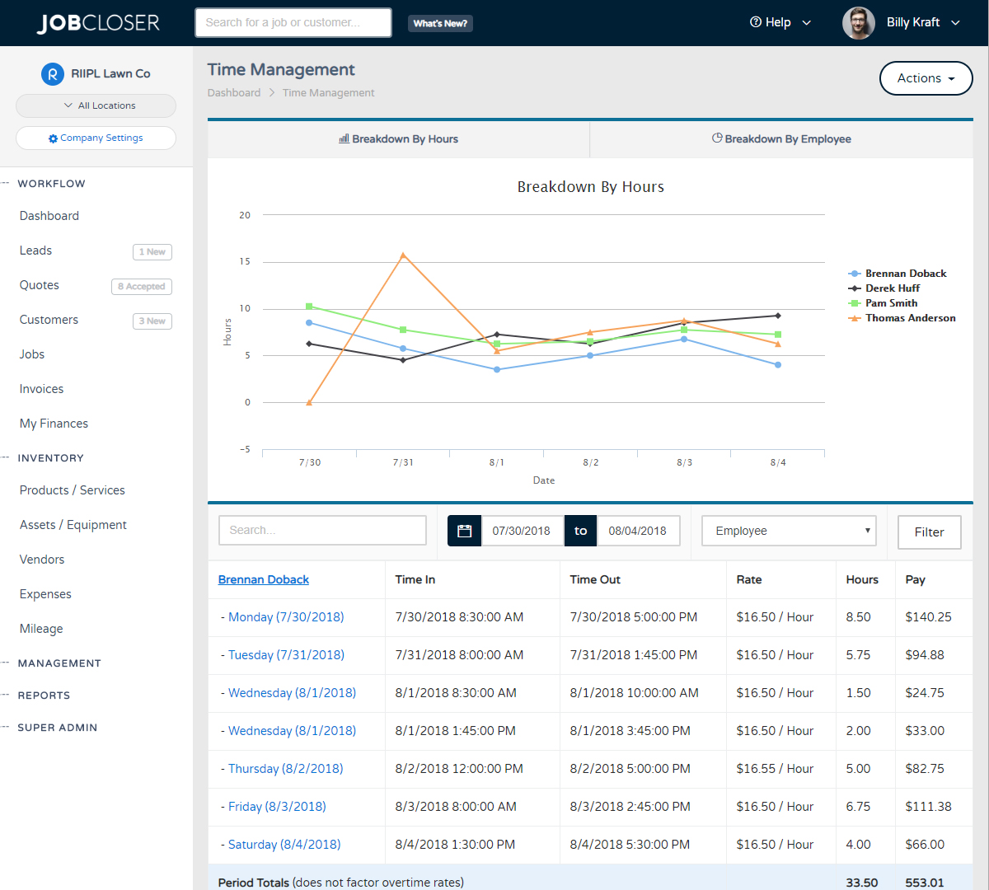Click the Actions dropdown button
click(926, 78)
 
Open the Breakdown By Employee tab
click(781, 139)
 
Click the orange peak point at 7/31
click(403, 255)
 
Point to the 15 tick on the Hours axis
click(245, 262)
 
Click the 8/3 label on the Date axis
click(684, 463)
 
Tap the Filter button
click(929, 532)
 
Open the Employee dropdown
click(789, 532)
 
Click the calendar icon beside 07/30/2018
click(465, 532)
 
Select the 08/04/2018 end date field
click(638, 532)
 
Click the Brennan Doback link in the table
click(264, 580)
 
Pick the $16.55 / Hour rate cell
click(775, 769)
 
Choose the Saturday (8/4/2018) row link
click(284, 845)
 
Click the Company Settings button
click(96, 138)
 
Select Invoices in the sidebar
click(42, 389)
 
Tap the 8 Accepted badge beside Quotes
click(142, 287)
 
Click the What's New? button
click(440, 24)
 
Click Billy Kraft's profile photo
click(858, 23)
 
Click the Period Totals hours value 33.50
click(861, 883)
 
